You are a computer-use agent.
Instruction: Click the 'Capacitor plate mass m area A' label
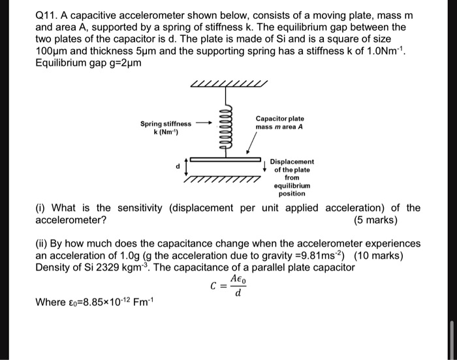[279, 123]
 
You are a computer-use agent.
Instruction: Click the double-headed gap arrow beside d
[187, 167]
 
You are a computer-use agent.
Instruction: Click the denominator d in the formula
[238, 293]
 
